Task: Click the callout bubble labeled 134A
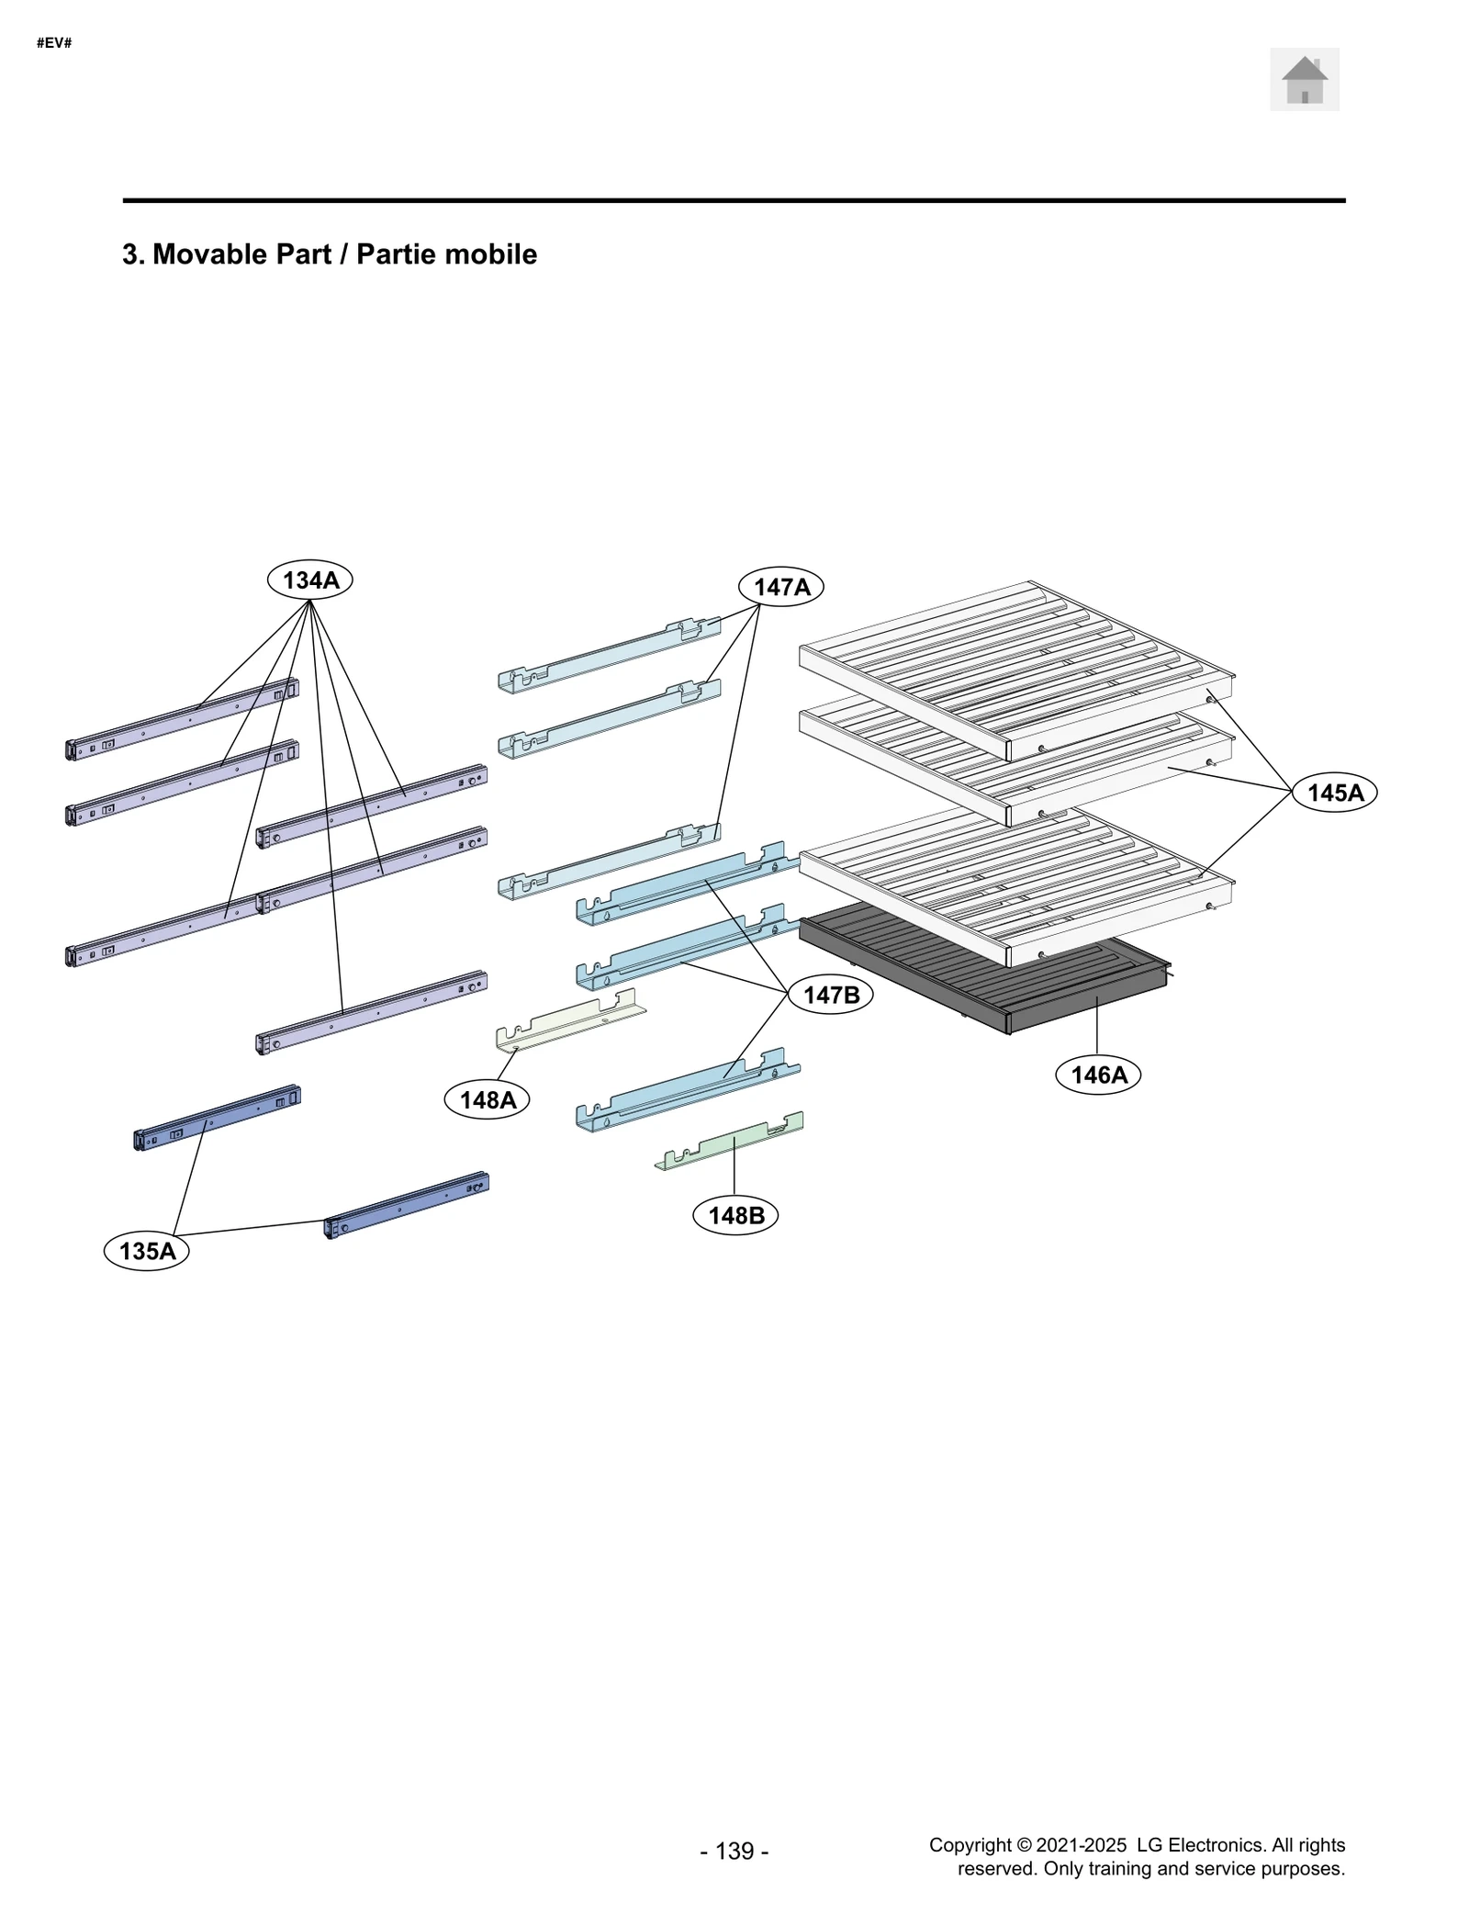[x=309, y=580]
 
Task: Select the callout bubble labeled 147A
[x=781, y=587]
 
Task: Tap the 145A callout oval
[x=1334, y=793]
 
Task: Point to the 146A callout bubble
[x=1098, y=1075]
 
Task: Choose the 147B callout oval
[x=831, y=995]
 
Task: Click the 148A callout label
[x=487, y=1099]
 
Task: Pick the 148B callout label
[x=735, y=1215]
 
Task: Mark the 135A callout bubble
[x=147, y=1251]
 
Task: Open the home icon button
[x=1304, y=80]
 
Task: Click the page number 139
[x=734, y=1851]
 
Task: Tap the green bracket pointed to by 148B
[x=730, y=1143]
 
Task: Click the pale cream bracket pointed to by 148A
[x=569, y=1021]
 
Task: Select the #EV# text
[x=54, y=43]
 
